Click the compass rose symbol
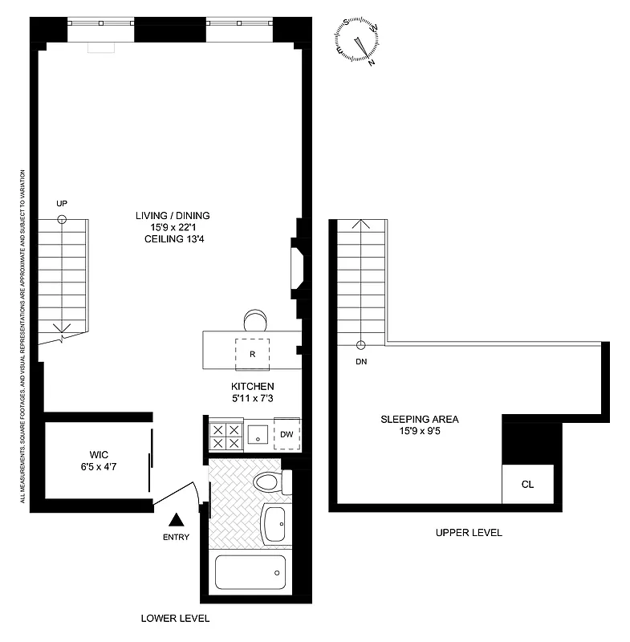tap(359, 42)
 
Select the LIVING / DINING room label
tap(173, 215)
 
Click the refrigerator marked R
tap(251, 353)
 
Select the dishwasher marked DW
tap(286, 434)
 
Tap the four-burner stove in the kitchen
tap(225, 435)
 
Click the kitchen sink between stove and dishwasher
tap(258, 435)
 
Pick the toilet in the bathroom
tap(267, 483)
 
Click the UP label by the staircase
tap(62, 204)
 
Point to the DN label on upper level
tap(360, 361)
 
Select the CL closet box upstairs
tap(527, 484)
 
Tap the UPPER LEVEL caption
tap(469, 533)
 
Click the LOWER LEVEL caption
tap(175, 619)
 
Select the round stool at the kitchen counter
tap(255, 319)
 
